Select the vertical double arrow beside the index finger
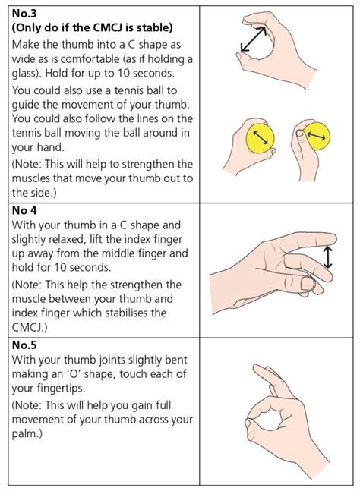[x=327, y=255]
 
